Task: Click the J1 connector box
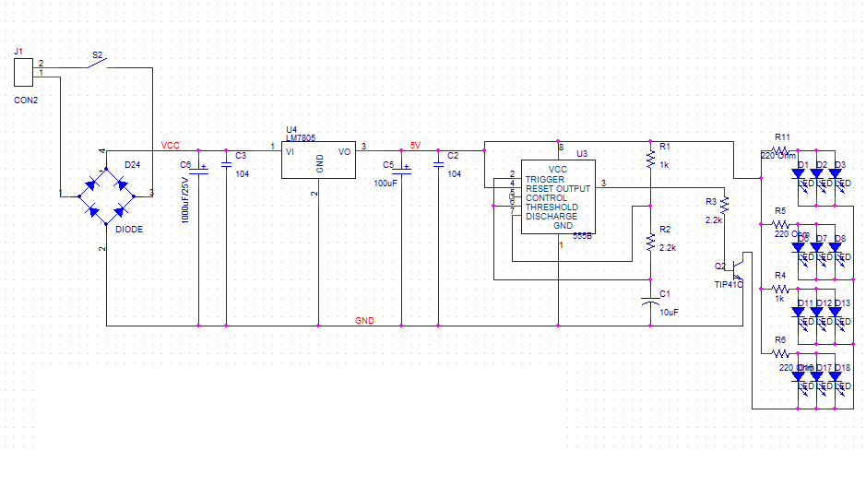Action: click(24, 73)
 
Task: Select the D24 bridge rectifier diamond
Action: click(106, 195)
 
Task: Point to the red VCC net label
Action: click(171, 145)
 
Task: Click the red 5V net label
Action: click(415, 145)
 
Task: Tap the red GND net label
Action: click(365, 321)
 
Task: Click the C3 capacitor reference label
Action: click(241, 156)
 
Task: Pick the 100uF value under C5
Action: click(385, 184)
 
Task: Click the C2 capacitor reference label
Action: click(452, 156)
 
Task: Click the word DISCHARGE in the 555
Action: click(552, 217)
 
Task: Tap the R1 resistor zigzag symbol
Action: click(650, 160)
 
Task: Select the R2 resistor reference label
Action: click(665, 229)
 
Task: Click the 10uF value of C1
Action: click(669, 313)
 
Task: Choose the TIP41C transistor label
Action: click(729, 285)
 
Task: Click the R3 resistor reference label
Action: click(710, 201)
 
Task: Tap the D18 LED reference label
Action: click(843, 367)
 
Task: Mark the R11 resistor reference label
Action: click(782, 136)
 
